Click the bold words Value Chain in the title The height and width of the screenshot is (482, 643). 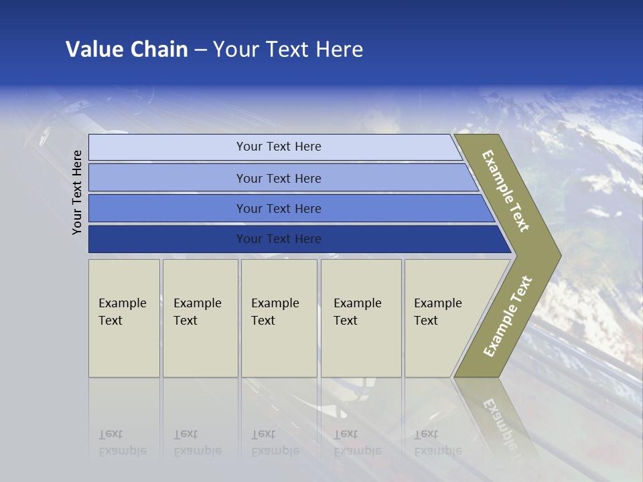point(127,50)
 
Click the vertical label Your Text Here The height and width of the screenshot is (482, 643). point(77,192)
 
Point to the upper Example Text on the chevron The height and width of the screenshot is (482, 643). point(506,191)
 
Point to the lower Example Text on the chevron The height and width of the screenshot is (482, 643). point(508,316)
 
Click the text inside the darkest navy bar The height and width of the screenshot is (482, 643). point(279,239)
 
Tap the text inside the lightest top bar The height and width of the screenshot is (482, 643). point(279,147)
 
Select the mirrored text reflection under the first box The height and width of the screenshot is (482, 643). point(122,443)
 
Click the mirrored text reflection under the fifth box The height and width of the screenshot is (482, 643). point(437,443)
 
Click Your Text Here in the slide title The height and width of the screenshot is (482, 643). point(288,50)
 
